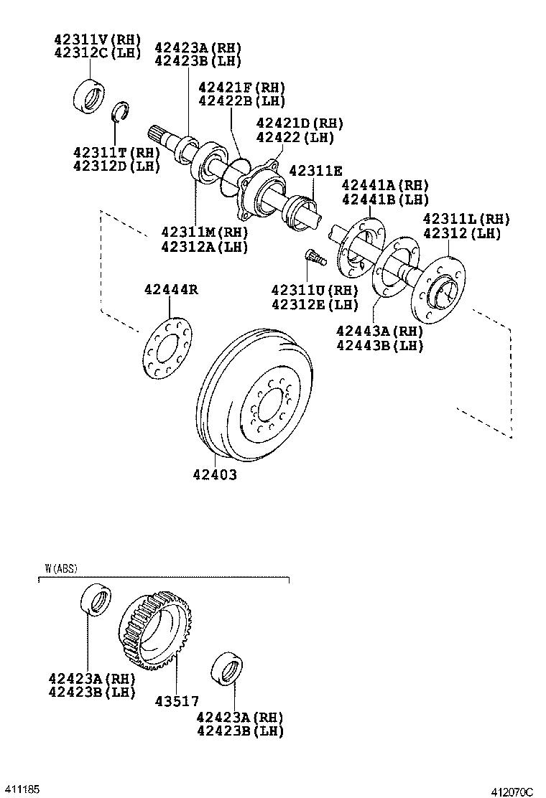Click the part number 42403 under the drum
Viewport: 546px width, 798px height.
215,475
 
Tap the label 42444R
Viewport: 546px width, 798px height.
171,290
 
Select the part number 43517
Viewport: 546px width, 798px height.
177,701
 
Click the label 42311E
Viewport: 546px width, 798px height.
316,171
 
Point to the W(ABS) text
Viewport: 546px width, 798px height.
61,568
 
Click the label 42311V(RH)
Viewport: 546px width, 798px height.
98,39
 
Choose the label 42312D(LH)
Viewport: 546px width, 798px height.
116,166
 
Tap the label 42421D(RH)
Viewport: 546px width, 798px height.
300,123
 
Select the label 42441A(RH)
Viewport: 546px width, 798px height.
385,185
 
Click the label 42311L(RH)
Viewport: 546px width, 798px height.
466,219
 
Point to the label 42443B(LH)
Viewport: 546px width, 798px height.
379,345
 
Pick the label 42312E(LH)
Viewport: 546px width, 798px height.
315,304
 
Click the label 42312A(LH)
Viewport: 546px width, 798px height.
204,246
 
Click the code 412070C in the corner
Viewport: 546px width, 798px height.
512,792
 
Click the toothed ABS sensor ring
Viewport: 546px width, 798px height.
155,631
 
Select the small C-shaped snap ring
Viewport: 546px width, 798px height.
121,112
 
